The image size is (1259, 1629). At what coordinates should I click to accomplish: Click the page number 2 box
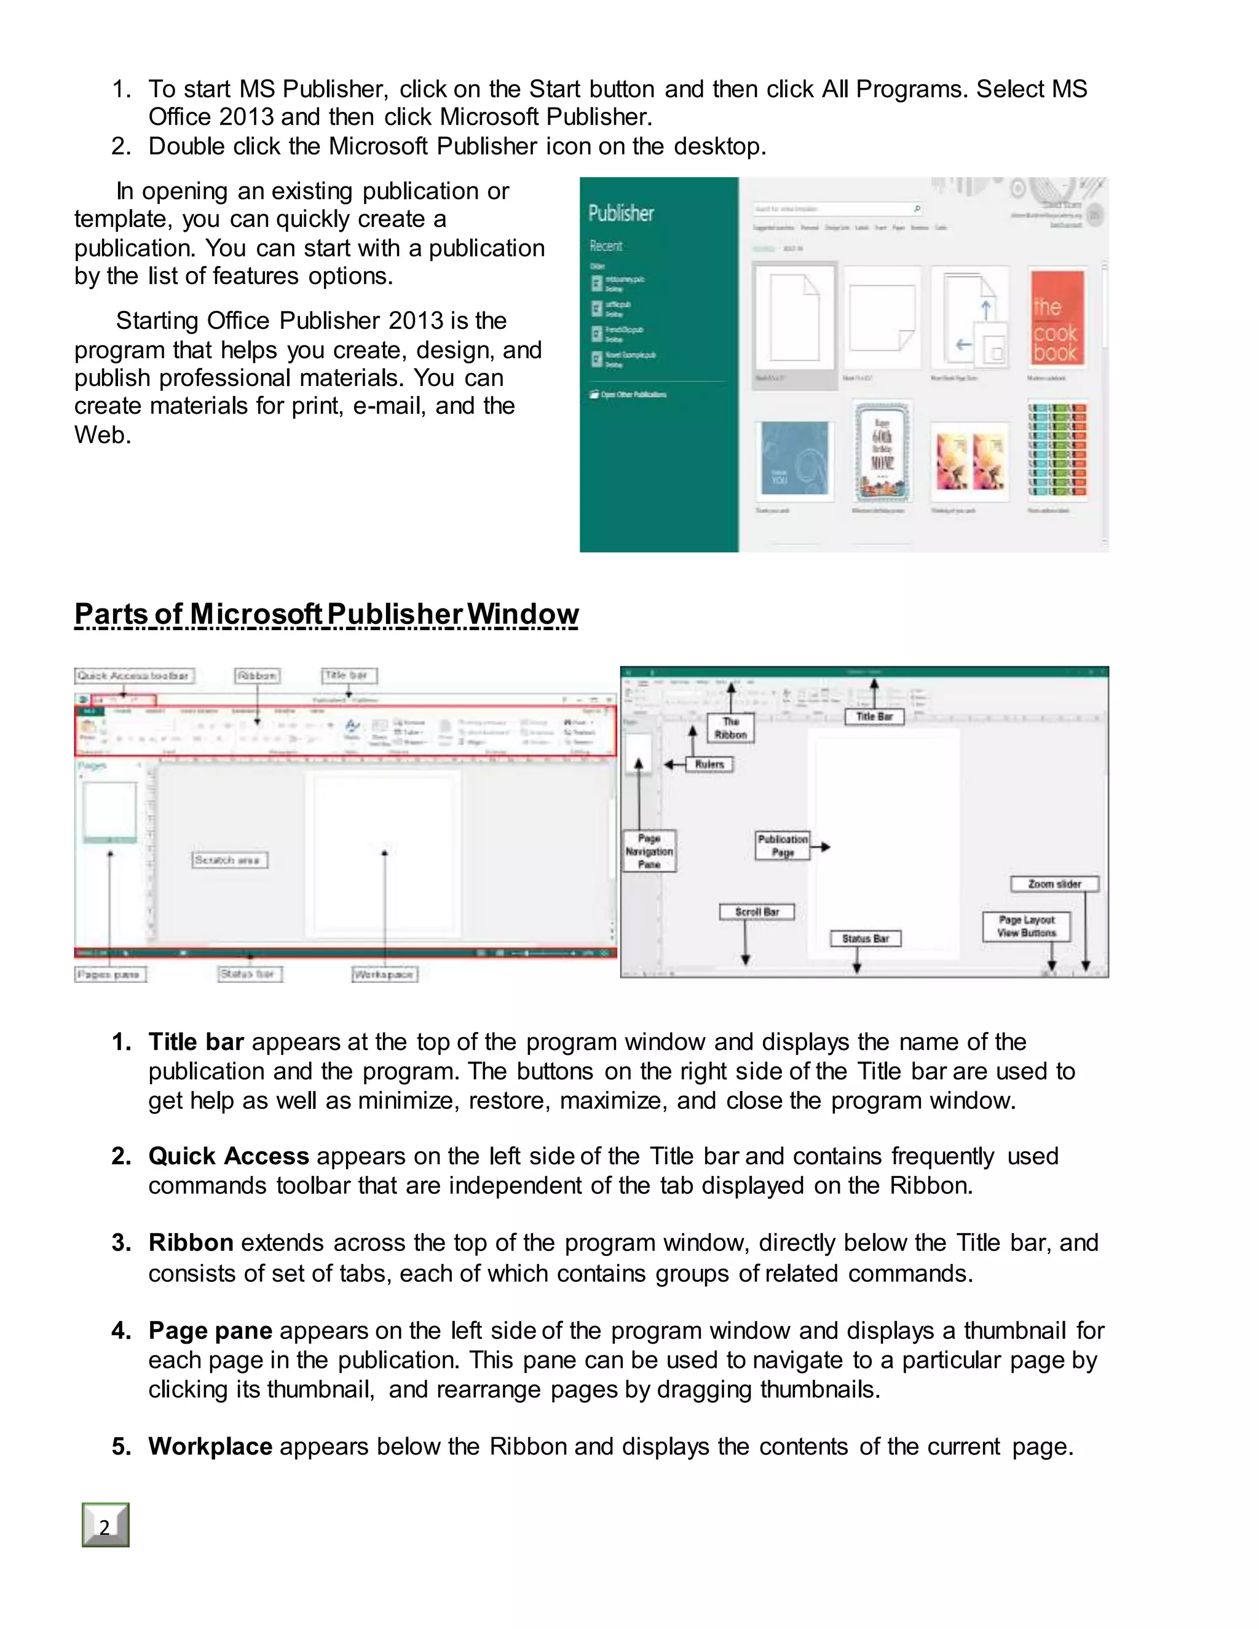coord(105,1525)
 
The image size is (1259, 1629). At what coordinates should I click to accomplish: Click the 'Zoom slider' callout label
coord(1054,884)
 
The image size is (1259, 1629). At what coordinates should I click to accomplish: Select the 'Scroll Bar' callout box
coord(756,912)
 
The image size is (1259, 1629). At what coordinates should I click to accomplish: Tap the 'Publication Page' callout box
coord(783,846)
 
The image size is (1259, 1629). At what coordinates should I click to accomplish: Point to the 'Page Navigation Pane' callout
coord(649,851)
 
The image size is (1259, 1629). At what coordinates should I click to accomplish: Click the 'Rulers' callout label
coord(709,765)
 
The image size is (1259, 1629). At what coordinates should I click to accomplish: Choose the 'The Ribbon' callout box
coord(730,728)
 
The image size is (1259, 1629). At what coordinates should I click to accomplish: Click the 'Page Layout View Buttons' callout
coord(1026,926)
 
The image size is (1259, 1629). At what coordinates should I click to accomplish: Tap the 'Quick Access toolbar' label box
coord(134,676)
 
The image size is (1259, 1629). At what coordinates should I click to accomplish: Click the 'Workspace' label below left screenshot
coord(384,974)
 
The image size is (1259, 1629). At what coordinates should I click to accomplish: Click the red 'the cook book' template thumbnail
coord(1056,318)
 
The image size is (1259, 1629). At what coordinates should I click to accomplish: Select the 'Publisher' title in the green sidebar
coord(620,213)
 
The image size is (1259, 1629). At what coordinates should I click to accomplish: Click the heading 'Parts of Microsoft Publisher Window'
coord(326,614)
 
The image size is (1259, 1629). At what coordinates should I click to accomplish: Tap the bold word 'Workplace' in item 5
coord(210,1446)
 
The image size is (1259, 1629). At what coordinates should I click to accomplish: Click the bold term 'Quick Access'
coord(228,1156)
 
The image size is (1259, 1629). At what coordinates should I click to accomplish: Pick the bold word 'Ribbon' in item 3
coord(191,1242)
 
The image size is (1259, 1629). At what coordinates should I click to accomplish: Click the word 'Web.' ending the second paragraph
coord(102,434)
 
